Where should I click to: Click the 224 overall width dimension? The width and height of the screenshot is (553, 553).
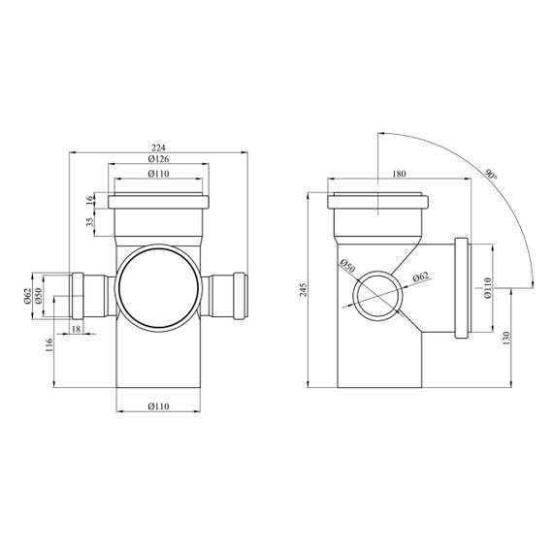pyautogui.click(x=159, y=147)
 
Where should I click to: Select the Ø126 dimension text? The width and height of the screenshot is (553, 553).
pyautogui.click(x=159, y=159)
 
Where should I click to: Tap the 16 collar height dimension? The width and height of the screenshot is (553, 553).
pyautogui.click(x=90, y=199)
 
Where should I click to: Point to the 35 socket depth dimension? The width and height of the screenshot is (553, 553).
pyautogui.click(x=90, y=221)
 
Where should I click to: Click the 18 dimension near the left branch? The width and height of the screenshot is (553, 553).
pyautogui.click(x=77, y=329)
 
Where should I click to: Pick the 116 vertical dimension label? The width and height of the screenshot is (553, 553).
pyautogui.click(x=49, y=345)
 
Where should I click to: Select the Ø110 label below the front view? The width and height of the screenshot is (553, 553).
pyautogui.click(x=159, y=407)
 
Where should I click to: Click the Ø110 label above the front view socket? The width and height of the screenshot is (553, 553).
pyautogui.click(x=159, y=174)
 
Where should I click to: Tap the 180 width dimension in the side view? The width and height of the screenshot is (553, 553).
pyautogui.click(x=400, y=174)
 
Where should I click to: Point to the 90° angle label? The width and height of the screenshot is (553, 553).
pyautogui.click(x=491, y=176)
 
